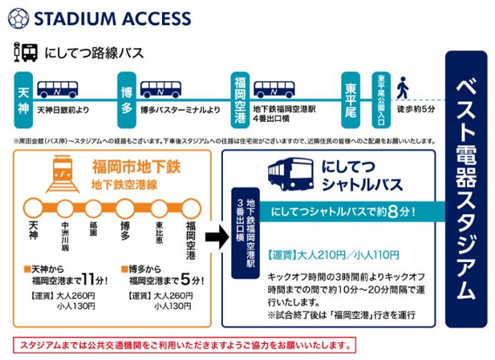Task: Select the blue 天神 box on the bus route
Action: coord(23,95)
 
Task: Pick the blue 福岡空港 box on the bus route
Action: coord(240,95)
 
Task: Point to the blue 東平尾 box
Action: coord(350,95)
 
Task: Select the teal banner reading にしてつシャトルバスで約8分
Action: coord(345,213)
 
